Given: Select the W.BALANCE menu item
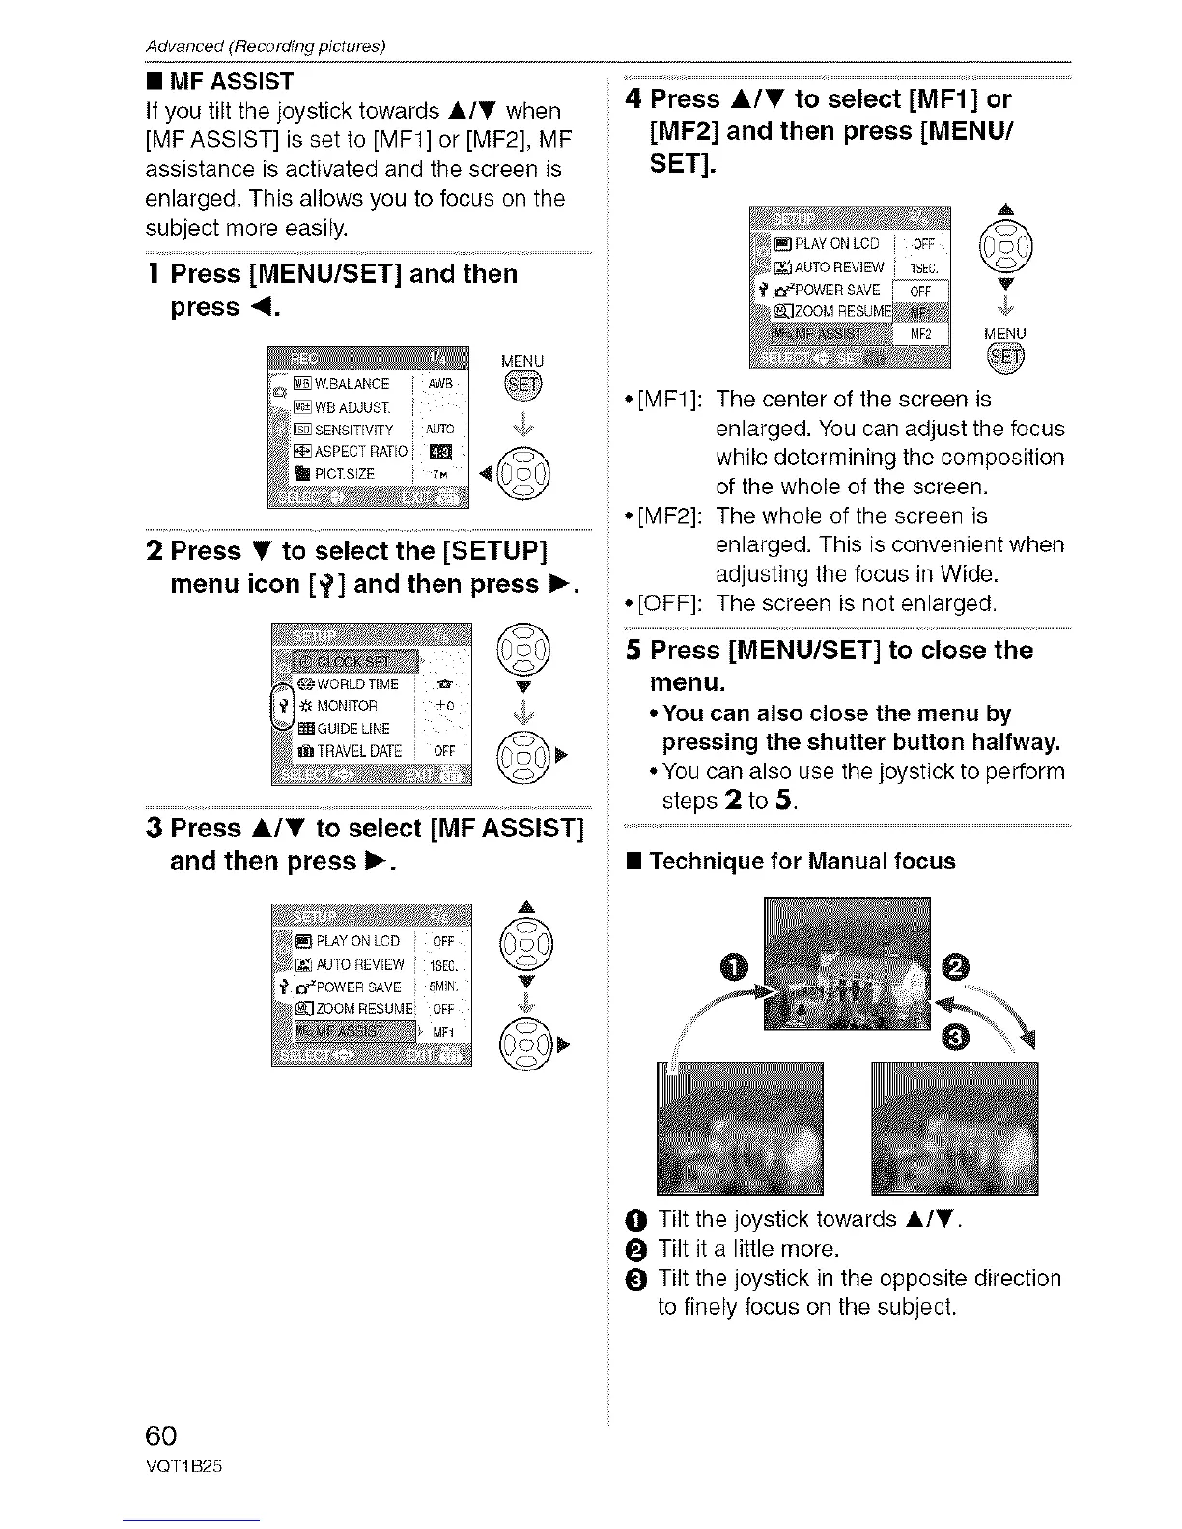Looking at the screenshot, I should click(347, 384).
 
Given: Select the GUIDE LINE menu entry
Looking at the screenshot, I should click(349, 728).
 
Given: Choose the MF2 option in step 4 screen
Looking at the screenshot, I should click(920, 334).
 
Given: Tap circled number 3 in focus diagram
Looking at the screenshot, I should click(957, 1037).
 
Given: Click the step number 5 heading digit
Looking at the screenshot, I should click(633, 651).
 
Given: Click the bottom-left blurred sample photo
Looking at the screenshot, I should click(740, 1127).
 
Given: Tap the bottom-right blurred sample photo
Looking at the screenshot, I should click(954, 1127).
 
